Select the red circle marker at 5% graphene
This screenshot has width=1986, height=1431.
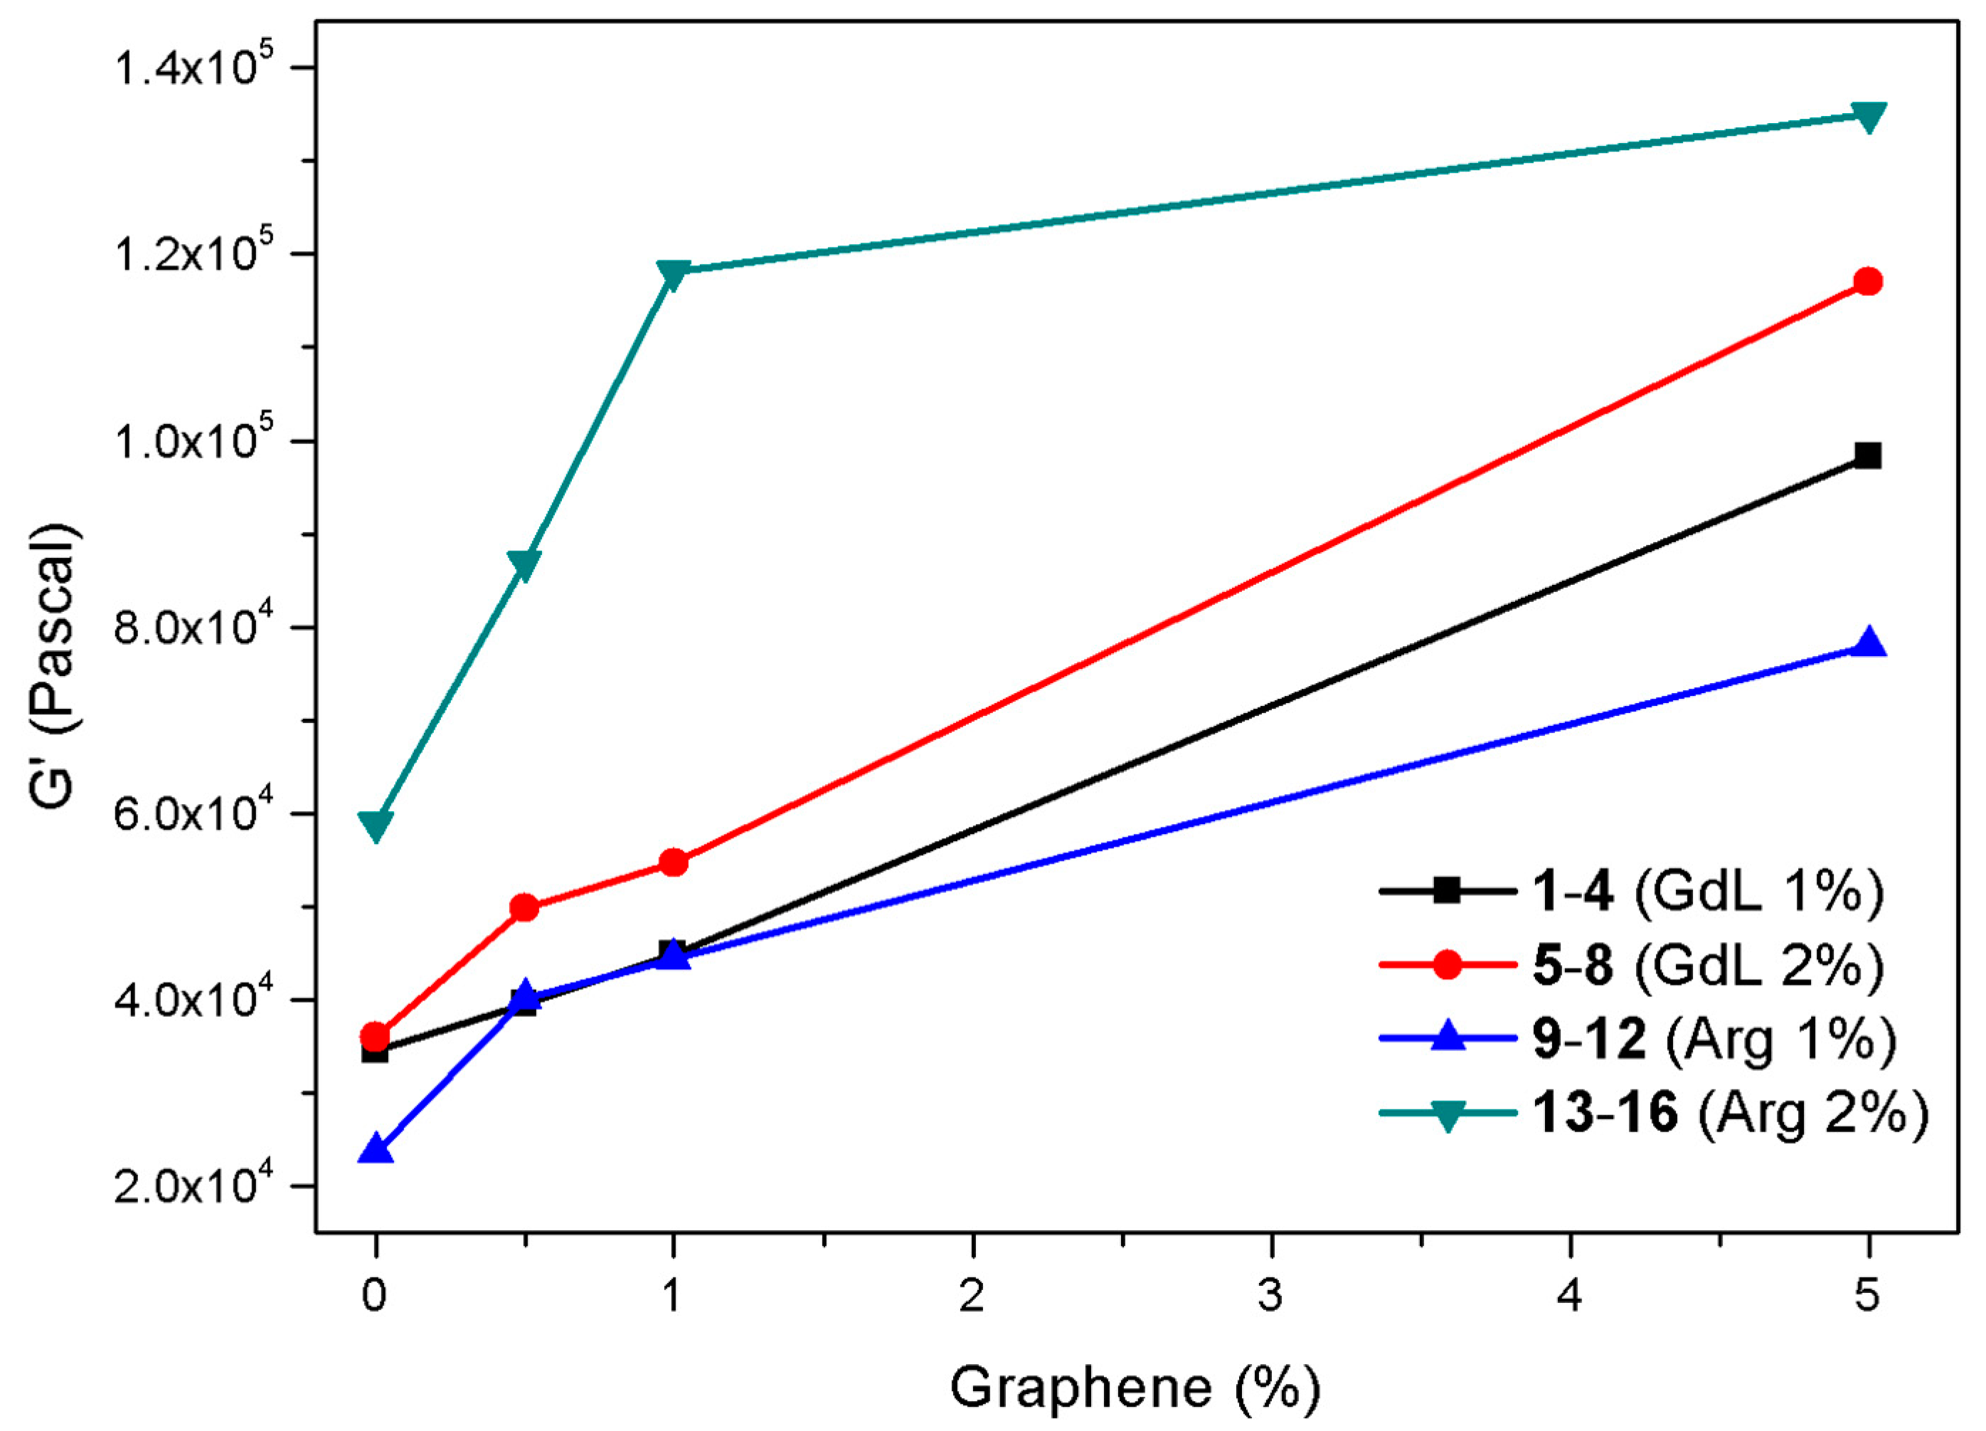coord(1868,281)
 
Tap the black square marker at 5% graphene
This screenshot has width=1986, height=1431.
coord(1868,455)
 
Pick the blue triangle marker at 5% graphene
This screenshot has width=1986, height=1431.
coord(1868,643)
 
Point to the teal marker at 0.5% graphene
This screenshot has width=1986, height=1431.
coord(524,565)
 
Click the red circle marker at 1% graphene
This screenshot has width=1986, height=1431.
coord(672,862)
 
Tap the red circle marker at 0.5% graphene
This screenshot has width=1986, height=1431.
coord(524,907)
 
